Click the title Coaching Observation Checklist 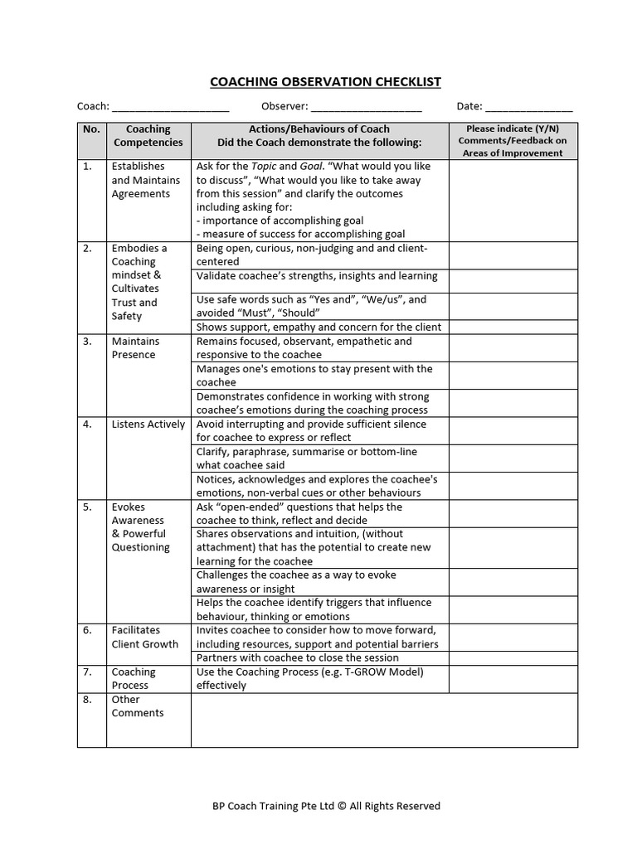point(325,81)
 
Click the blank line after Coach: point(170,108)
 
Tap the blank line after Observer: point(367,108)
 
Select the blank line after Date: point(528,108)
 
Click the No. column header point(91,129)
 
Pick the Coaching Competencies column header point(148,136)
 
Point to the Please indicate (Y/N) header point(513,129)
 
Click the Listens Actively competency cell point(148,424)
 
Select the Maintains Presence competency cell point(135,348)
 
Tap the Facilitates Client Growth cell point(144,638)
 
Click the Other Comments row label point(138,706)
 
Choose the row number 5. point(88,507)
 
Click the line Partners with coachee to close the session point(298,658)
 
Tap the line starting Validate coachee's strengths point(317,277)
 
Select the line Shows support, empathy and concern point(318,327)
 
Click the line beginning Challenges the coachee point(296,575)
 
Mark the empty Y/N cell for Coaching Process point(513,679)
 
